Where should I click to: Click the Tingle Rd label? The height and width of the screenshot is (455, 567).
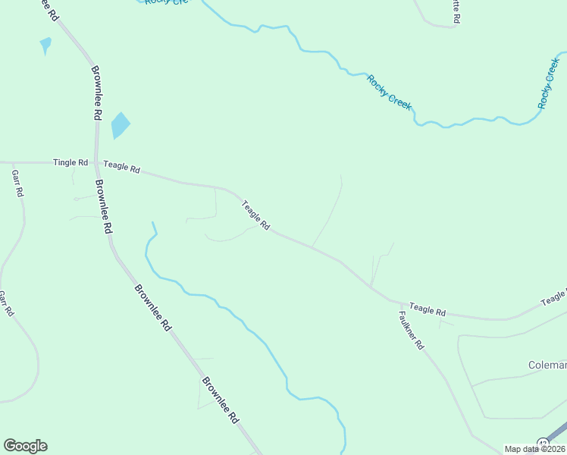click(x=70, y=163)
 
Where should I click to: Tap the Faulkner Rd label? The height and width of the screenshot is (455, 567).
click(x=412, y=331)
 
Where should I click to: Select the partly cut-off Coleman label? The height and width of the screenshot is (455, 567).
click(x=547, y=366)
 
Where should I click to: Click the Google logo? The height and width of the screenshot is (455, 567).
click(x=25, y=446)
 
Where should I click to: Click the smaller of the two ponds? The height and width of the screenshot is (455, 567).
click(x=45, y=45)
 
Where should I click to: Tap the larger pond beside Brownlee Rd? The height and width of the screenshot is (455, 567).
click(x=120, y=125)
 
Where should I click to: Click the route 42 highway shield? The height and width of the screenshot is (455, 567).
click(x=543, y=442)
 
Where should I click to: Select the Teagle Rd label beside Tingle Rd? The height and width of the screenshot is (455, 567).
click(x=122, y=167)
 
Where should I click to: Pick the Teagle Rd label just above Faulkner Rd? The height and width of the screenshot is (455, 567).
click(x=428, y=311)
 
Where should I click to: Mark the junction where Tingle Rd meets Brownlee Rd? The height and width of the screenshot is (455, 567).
click(x=97, y=162)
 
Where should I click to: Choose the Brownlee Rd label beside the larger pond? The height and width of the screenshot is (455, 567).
click(x=96, y=93)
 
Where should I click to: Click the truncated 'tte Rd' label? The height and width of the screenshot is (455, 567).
click(x=456, y=13)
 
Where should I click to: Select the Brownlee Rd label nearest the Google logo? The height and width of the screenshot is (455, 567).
click(x=221, y=400)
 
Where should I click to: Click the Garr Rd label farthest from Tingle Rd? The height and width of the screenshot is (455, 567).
click(x=6, y=303)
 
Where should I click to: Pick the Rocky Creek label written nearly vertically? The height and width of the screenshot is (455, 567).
click(x=547, y=83)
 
